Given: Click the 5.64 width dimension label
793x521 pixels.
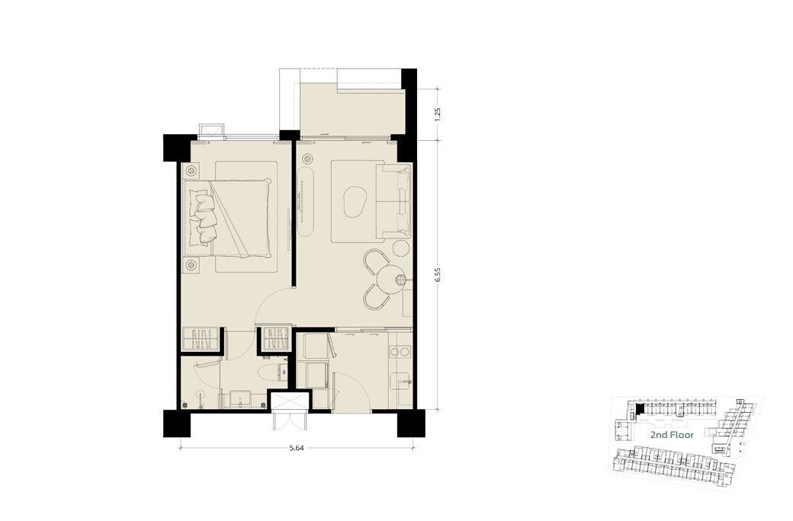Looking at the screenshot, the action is click(297, 448).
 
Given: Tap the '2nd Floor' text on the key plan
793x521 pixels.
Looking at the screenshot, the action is click(672, 435).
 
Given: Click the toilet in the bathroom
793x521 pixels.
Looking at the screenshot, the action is click(271, 373).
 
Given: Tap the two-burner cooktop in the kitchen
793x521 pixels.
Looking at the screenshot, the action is click(400, 351).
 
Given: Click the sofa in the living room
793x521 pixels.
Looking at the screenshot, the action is click(393, 200).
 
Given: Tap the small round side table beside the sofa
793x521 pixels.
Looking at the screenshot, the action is click(401, 248).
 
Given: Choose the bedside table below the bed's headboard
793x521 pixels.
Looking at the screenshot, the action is click(191, 265).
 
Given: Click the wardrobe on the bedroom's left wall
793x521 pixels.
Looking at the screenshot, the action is click(201, 339).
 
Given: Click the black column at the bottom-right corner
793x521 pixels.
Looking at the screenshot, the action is click(411, 424).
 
